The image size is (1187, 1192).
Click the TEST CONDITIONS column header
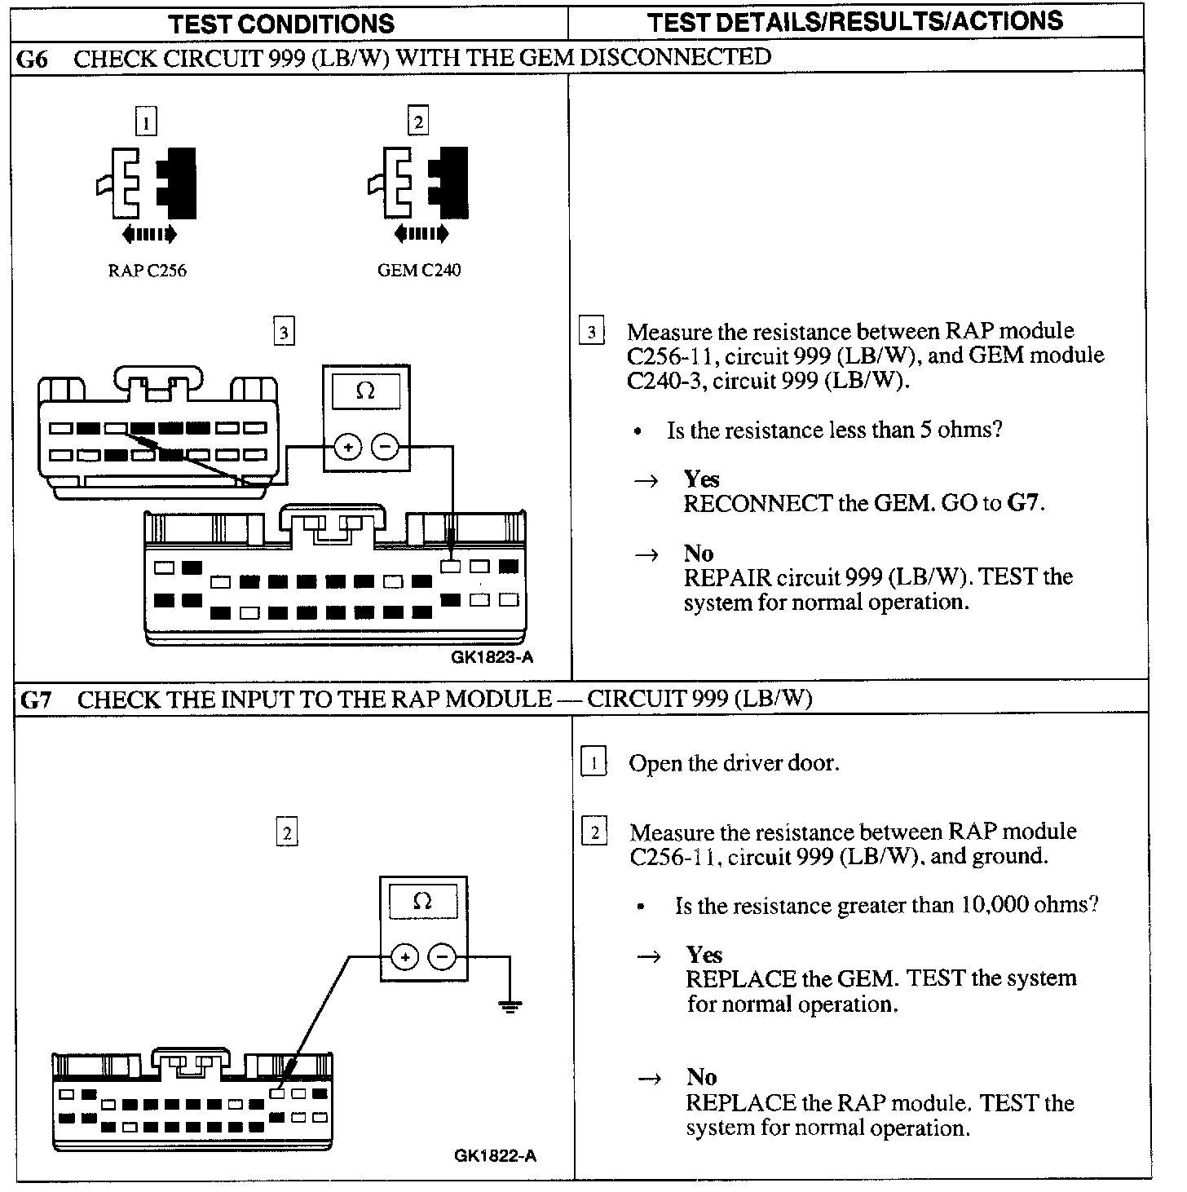[x=281, y=23]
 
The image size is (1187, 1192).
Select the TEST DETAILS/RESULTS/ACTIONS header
[x=855, y=21]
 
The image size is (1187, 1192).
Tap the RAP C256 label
[x=147, y=271]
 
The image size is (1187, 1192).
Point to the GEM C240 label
[x=418, y=271]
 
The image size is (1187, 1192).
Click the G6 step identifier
[x=32, y=59]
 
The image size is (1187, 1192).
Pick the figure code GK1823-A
[x=492, y=657]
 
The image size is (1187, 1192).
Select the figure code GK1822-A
[x=496, y=1155]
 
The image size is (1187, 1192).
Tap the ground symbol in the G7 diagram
[x=510, y=1006]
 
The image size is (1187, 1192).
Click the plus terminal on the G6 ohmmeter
[x=348, y=447]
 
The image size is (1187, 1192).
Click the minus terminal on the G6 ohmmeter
[x=385, y=447]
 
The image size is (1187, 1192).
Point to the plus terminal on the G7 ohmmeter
[x=405, y=956]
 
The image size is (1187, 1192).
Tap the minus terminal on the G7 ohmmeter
[x=442, y=956]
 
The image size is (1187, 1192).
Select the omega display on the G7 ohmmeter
[x=422, y=902]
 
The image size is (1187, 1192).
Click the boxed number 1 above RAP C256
[x=146, y=122]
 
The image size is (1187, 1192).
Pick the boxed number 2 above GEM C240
[x=417, y=122]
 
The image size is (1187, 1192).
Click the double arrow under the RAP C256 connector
[x=148, y=235]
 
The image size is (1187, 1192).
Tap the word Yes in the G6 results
[x=701, y=479]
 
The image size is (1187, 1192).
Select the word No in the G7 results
[x=701, y=1077]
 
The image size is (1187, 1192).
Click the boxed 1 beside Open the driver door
[x=593, y=763]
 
